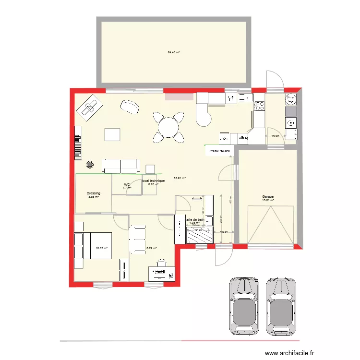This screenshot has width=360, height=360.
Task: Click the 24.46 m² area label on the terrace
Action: tap(173, 52)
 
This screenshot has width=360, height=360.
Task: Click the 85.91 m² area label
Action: tap(180, 178)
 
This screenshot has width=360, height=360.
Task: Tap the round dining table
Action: tap(168, 127)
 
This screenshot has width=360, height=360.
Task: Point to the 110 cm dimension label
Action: tap(276, 136)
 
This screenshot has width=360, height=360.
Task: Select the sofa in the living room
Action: tap(120, 166)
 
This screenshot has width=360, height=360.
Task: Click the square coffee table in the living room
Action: tap(112, 134)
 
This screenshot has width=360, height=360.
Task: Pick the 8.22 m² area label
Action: tap(152, 248)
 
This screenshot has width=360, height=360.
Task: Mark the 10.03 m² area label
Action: tap(101, 248)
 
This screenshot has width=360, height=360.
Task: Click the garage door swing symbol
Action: tap(271, 224)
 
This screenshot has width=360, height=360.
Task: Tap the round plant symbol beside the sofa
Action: tap(90, 165)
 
